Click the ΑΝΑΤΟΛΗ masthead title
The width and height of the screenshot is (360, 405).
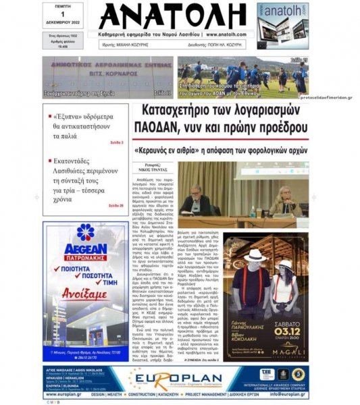click(x=175, y=18)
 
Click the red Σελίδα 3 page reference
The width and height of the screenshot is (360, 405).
click(x=116, y=143)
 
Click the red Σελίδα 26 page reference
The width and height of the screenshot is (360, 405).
click(x=115, y=205)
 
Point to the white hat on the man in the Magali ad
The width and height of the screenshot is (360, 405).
click(x=255, y=256)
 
